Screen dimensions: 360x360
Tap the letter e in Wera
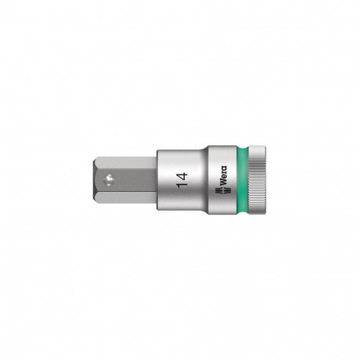coord(223,178)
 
